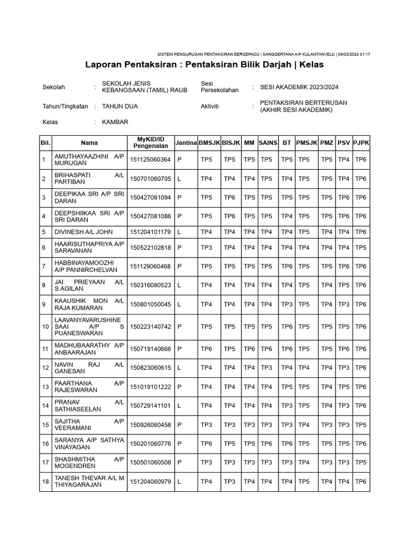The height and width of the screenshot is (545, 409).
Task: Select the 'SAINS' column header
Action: [x=268, y=143]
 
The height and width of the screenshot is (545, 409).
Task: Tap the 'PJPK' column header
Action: [x=361, y=143]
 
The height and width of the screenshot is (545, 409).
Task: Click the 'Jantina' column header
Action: [x=186, y=143]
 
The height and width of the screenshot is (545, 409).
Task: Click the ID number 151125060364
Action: [x=150, y=160]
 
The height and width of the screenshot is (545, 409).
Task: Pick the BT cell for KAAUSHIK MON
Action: [x=287, y=304]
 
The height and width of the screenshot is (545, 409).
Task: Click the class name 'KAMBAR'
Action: [x=115, y=122]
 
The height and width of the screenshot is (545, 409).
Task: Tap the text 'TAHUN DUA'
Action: [x=120, y=106]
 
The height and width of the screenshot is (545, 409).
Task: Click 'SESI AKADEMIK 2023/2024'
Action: [x=299, y=87]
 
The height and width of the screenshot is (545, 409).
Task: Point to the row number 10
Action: [x=45, y=326]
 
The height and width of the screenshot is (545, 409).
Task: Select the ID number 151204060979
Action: [x=150, y=482]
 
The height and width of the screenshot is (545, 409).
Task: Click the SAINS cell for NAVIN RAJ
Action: [x=267, y=368]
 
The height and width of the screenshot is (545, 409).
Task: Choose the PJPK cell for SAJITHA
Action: [x=361, y=425]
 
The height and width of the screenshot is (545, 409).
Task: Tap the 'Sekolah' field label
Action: [x=53, y=87]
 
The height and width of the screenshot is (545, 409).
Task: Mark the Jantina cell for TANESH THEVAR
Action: [x=179, y=482]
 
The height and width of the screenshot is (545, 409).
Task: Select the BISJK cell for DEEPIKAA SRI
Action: [x=230, y=197]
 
